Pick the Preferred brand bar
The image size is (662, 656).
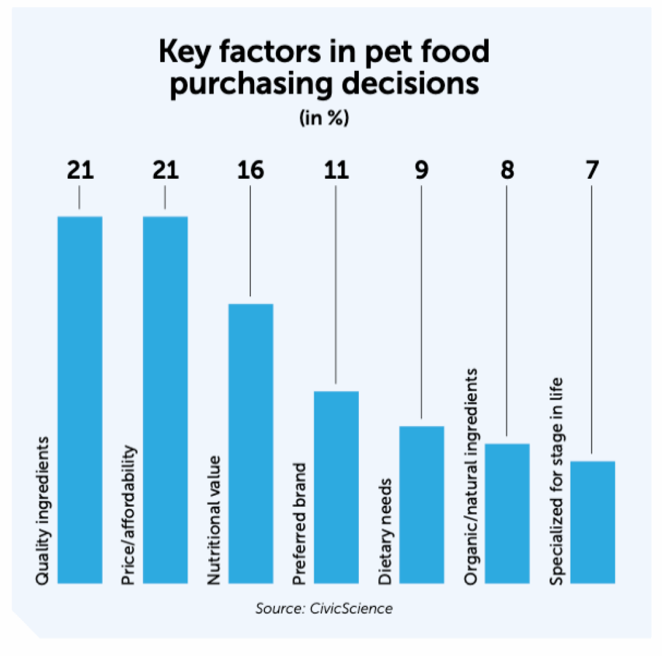336,487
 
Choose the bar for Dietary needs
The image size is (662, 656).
422,504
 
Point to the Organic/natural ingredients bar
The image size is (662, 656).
507,513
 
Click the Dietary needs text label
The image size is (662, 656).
385,532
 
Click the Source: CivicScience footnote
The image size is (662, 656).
323,608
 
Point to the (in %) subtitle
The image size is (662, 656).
323,119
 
